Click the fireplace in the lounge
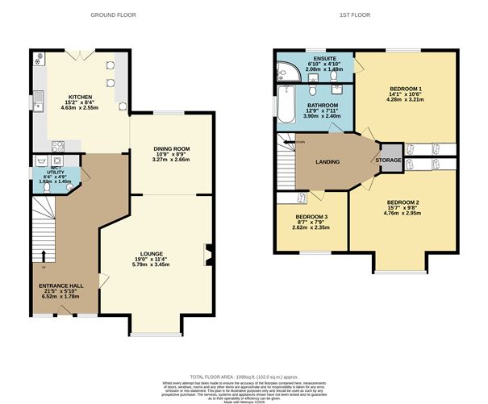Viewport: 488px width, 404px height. pos(209,256)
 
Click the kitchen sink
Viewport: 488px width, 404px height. pos(37,101)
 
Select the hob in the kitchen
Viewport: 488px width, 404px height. pos(58,146)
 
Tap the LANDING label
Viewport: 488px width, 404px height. pos(327,162)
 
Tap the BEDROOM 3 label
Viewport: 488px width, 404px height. pos(311,218)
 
